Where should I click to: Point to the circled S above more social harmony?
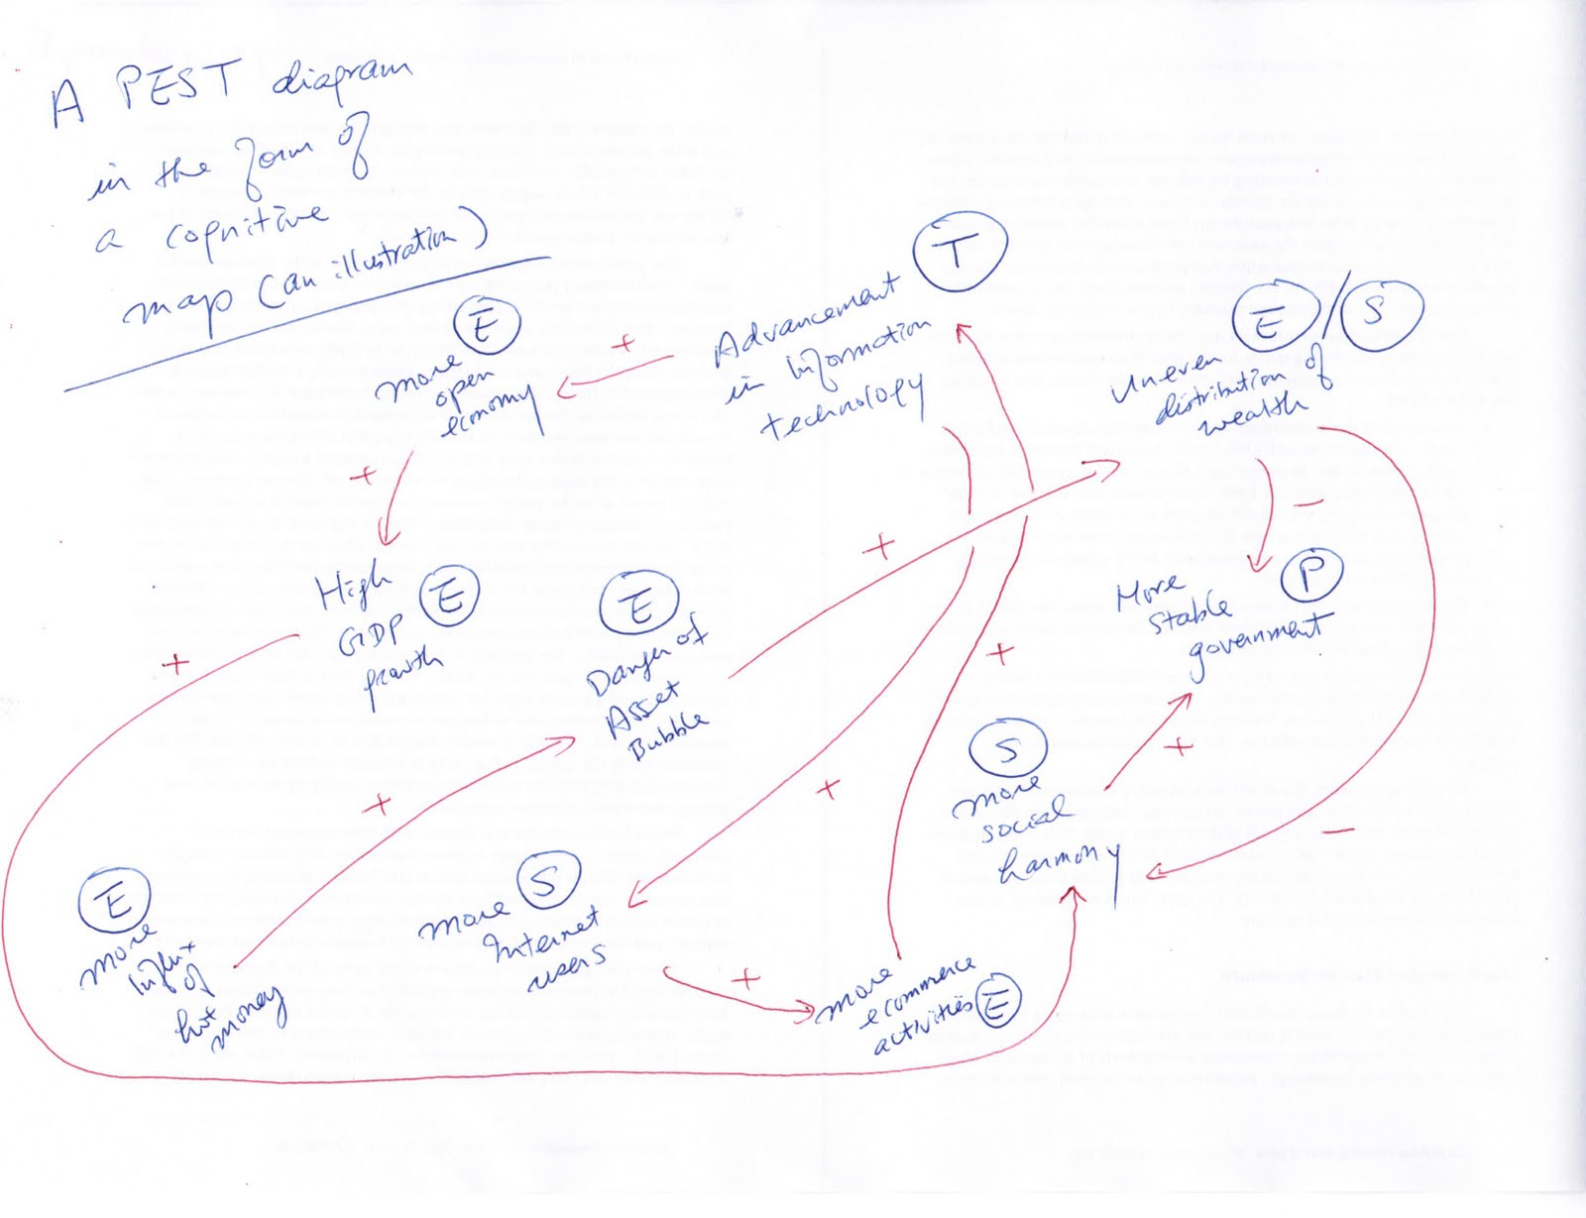[x=1008, y=750]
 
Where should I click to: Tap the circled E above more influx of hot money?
[x=114, y=901]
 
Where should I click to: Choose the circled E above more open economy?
[x=485, y=328]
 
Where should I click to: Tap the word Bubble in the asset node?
[x=669, y=730]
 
